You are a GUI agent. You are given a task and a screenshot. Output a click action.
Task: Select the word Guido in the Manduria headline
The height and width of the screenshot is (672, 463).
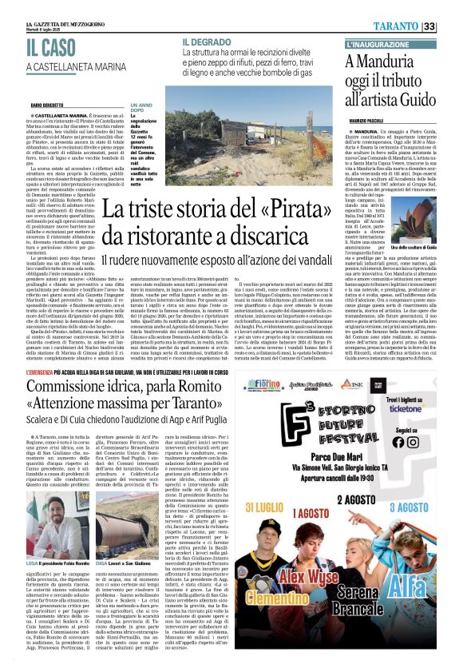point(410,100)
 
